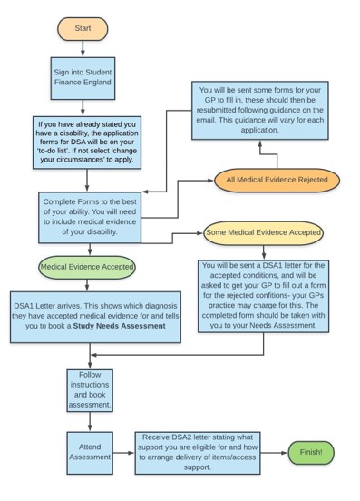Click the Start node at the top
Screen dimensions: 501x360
[x=83, y=28]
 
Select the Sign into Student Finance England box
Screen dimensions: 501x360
[x=83, y=75]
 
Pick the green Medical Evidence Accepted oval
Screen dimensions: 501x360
[x=87, y=267]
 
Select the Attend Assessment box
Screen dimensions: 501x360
[x=89, y=451]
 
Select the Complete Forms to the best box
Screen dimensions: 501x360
[x=87, y=216]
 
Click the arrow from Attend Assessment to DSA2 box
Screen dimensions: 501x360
[x=124, y=451]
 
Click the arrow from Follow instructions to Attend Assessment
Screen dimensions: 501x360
[x=89, y=421]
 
